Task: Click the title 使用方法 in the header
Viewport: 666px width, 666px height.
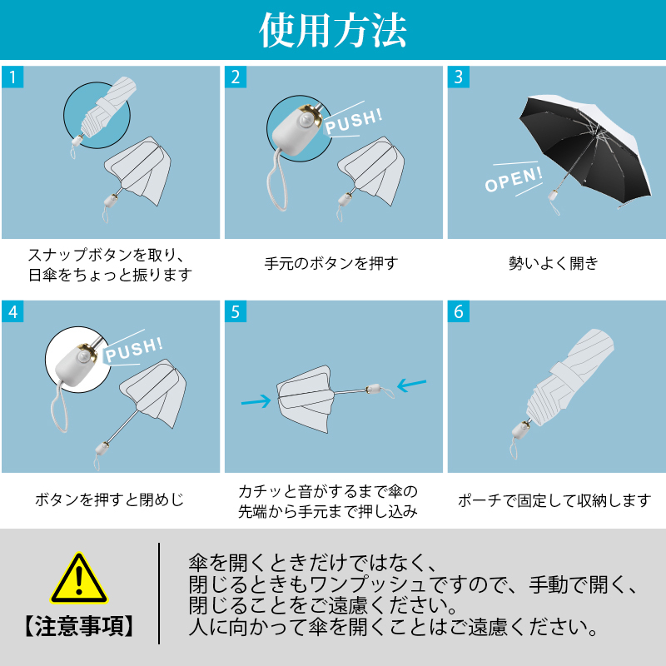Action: point(333,31)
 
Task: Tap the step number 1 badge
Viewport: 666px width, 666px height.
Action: point(12,77)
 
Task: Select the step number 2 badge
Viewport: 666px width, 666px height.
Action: point(236,77)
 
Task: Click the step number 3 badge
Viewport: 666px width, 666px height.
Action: point(459,77)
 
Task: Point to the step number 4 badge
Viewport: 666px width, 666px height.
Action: point(12,312)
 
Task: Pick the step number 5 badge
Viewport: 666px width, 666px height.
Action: point(236,312)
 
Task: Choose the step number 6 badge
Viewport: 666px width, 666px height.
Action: point(459,312)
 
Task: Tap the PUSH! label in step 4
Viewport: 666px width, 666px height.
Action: point(133,350)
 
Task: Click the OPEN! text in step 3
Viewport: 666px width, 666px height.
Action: point(513,179)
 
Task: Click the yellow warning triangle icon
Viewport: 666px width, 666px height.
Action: point(79,579)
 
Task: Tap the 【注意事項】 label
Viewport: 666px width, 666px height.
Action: point(79,626)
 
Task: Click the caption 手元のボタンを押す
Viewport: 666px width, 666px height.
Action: point(331,264)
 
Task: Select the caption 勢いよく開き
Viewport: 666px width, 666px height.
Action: point(554,264)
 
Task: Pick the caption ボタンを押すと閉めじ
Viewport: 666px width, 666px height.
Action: point(109,500)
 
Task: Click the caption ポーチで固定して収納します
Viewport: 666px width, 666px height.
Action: point(554,500)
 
